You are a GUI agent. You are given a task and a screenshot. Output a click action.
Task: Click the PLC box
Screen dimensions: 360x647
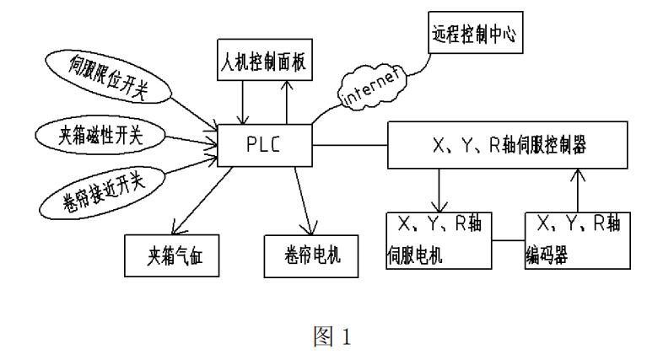[264, 143]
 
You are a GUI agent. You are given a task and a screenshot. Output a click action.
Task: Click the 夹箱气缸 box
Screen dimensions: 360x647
[171, 254]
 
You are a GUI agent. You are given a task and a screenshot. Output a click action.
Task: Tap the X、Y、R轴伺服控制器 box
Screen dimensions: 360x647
[507, 144]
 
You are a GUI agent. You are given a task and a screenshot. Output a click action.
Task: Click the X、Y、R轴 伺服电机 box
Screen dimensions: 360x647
[433, 240]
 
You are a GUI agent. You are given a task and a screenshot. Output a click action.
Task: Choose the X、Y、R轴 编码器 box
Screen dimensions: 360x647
[578, 240]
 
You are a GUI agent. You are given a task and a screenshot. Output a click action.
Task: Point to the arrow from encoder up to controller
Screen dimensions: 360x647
[577, 190]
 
